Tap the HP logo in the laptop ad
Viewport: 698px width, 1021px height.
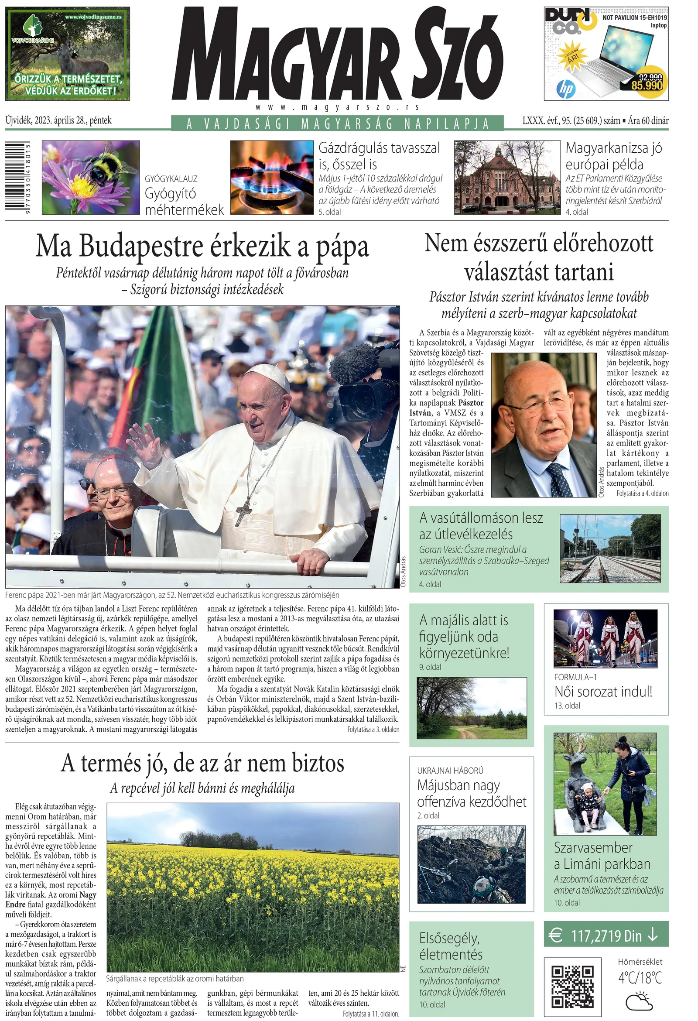coord(565,89)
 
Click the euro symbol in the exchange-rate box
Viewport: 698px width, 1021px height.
coord(556,936)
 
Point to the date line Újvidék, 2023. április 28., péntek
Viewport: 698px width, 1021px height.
coord(58,120)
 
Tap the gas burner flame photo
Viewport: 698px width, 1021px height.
coord(272,178)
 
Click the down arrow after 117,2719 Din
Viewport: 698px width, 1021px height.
coord(653,936)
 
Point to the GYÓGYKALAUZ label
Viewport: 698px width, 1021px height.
coord(171,179)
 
